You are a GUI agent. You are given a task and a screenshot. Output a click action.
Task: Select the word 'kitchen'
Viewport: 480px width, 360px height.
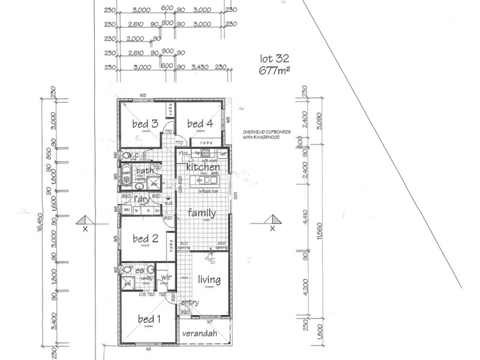click(x=202, y=167)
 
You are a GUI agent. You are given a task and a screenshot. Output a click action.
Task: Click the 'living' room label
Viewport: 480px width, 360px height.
click(x=209, y=279)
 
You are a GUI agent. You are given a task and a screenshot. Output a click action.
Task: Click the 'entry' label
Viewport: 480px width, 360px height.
click(x=190, y=302)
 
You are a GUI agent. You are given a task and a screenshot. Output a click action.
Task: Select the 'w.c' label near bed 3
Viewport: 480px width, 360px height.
click(x=133, y=155)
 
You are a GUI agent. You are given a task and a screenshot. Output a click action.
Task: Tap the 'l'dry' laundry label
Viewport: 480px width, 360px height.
click(x=142, y=199)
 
